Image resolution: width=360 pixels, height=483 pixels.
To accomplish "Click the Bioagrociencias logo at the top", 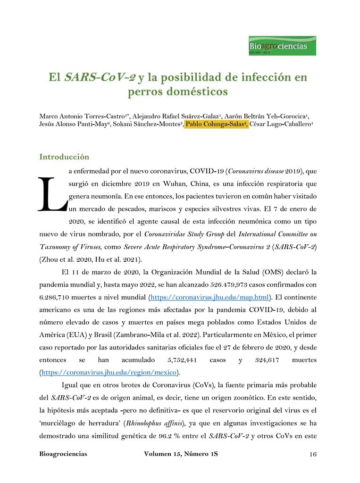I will [282, 46].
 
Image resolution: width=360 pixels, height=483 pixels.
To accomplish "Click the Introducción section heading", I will [64, 157].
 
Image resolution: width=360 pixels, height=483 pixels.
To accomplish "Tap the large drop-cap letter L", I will [50, 195].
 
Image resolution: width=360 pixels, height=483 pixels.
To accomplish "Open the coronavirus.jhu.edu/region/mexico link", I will [109, 372].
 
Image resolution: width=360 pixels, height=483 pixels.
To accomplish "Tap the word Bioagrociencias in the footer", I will [63, 454].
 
